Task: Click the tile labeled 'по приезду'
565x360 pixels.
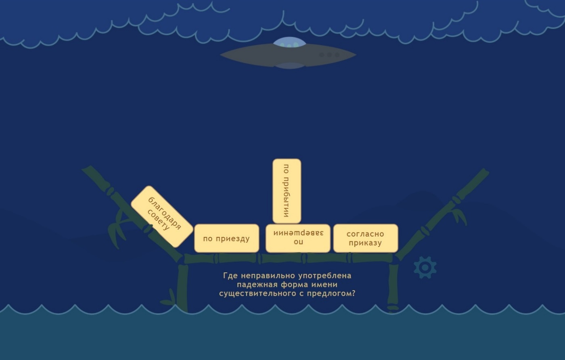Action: (226, 238)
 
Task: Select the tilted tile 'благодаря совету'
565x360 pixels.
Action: (162, 216)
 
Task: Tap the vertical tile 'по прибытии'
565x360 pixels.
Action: (287, 191)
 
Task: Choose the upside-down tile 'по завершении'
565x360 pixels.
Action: (298, 238)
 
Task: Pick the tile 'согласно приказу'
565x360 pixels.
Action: (366, 238)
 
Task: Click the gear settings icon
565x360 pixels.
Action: (425, 268)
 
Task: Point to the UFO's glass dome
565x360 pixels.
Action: (289, 42)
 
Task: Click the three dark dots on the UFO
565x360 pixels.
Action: (329, 55)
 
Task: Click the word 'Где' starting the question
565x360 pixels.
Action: (230, 276)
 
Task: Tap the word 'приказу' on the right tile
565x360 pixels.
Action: (366, 243)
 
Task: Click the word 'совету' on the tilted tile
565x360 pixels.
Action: (158, 220)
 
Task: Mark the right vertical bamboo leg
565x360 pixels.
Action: (393, 288)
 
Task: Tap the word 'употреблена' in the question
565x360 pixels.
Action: (325, 276)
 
